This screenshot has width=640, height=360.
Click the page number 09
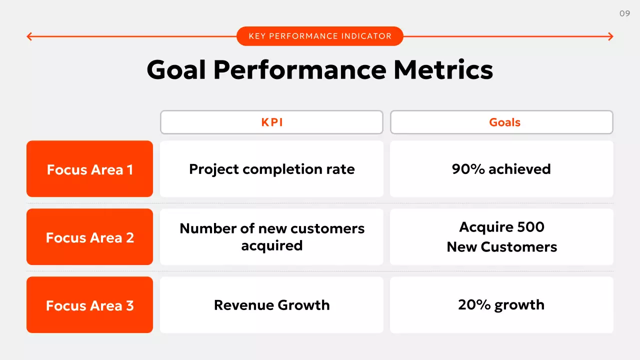624,13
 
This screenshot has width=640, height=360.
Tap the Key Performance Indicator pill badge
319,36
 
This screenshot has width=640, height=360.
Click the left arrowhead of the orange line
29,36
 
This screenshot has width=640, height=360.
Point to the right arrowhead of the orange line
610,36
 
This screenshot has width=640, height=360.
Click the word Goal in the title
176,69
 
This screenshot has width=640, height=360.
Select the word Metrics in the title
443,69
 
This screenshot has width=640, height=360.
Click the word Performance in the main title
299,69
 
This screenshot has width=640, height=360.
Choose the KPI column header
271,122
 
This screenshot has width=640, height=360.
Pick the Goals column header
501,122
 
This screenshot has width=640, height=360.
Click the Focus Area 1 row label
89,169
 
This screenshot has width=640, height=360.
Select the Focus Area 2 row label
89,237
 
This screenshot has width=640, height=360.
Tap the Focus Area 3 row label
89,305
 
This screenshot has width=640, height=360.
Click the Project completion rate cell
271,169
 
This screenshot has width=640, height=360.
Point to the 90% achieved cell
501,169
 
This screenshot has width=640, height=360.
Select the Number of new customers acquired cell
271,237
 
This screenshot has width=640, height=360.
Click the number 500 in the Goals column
530,227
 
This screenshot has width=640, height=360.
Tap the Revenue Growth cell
271,305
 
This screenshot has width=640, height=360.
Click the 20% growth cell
501,305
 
